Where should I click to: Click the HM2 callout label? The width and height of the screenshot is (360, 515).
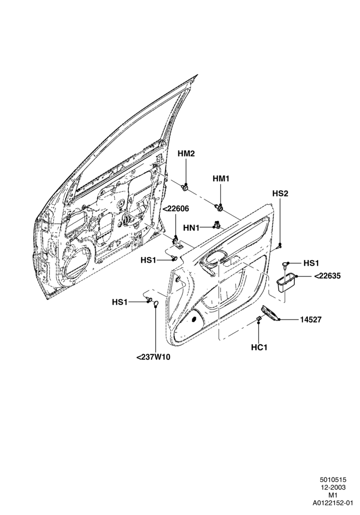click(x=186, y=154)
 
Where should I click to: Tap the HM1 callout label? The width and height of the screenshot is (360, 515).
click(x=221, y=179)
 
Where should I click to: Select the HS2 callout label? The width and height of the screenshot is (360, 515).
click(x=280, y=193)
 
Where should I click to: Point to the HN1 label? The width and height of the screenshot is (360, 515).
click(x=191, y=228)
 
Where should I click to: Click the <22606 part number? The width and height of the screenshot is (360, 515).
click(x=176, y=208)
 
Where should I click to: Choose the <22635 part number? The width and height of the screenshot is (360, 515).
click(x=327, y=276)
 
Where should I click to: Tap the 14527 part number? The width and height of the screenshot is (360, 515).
click(x=311, y=319)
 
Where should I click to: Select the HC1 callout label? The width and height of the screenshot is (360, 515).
click(x=259, y=347)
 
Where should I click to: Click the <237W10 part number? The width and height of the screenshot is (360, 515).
click(x=154, y=357)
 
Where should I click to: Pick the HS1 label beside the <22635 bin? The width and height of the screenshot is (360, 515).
click(x=311, y=263)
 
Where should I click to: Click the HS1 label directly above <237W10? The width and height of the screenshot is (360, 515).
click(x=119, y=302)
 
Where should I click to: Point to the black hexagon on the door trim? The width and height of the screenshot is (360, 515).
click(x=194, y=319)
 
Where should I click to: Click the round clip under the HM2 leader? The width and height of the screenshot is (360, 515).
click(x=186, y=188)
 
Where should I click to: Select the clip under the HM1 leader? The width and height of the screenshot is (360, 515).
click(x=219, y=207)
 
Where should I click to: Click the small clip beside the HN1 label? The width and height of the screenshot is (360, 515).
click(x=216, y=225)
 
